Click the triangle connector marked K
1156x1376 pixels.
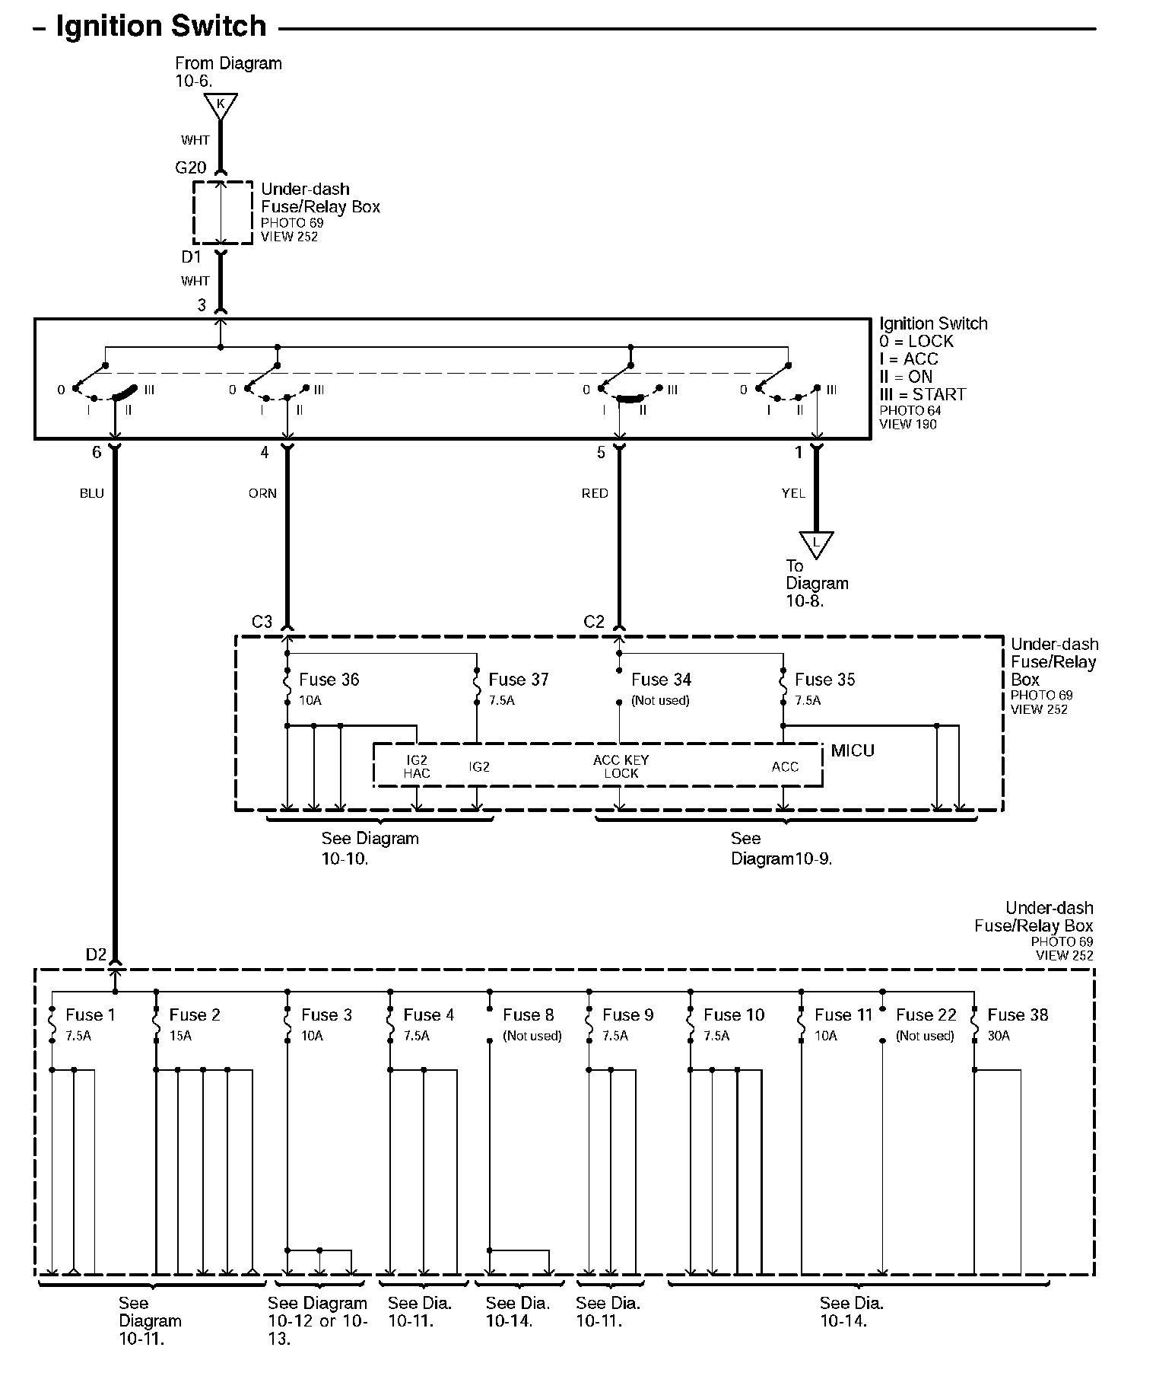click(x=221, y=106)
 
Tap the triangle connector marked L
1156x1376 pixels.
click(x=817, y=543)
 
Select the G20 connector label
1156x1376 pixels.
click(x=191, y=167)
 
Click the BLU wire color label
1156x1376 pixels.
click(x=92, y=493)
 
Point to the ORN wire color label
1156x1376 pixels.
click(x=262, y=493)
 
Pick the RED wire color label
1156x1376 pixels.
click(x=595, y=493)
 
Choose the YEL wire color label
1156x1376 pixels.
click(x=793, y=493)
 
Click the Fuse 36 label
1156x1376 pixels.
click(x=329, y=679)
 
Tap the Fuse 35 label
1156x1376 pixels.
click(x=825, y=679)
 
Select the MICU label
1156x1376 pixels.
click(x=853, y=750)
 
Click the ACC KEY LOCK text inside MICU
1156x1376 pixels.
click(x=621, y=766)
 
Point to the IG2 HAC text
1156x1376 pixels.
click(x=417, y=766)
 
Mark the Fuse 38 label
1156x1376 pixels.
click(x=1018, y=1014)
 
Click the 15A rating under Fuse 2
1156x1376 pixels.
click(x=180, y=1036)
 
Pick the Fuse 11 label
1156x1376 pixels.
click(x=843, y=1014)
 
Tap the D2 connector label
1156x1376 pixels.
click(x=96, y=954)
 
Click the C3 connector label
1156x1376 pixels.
click(x=262, y=622)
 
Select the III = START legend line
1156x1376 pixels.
click(x=923, y=394)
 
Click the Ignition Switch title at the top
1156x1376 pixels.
click(x=161, y=27)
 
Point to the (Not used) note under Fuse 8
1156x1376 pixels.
click(x=532, y=1036)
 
